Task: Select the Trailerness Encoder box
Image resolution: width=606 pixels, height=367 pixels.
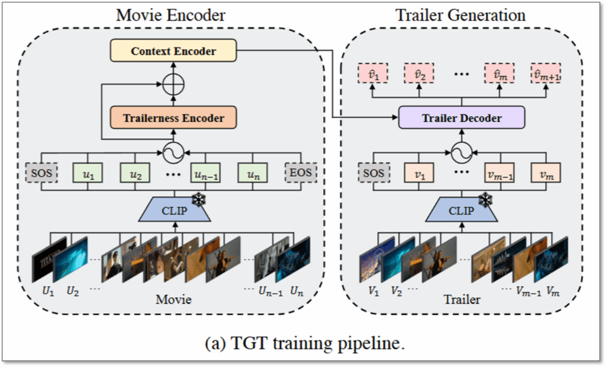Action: [173, 118]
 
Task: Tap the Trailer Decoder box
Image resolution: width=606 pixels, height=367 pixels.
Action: [462, 118]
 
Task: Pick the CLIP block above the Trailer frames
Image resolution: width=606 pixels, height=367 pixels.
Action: [460, 210]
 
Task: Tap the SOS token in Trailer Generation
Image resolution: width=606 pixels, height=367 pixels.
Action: [374, 173]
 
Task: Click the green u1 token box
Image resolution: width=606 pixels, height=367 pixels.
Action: [87, 174]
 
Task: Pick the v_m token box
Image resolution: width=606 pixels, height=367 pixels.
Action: [545, 173]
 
